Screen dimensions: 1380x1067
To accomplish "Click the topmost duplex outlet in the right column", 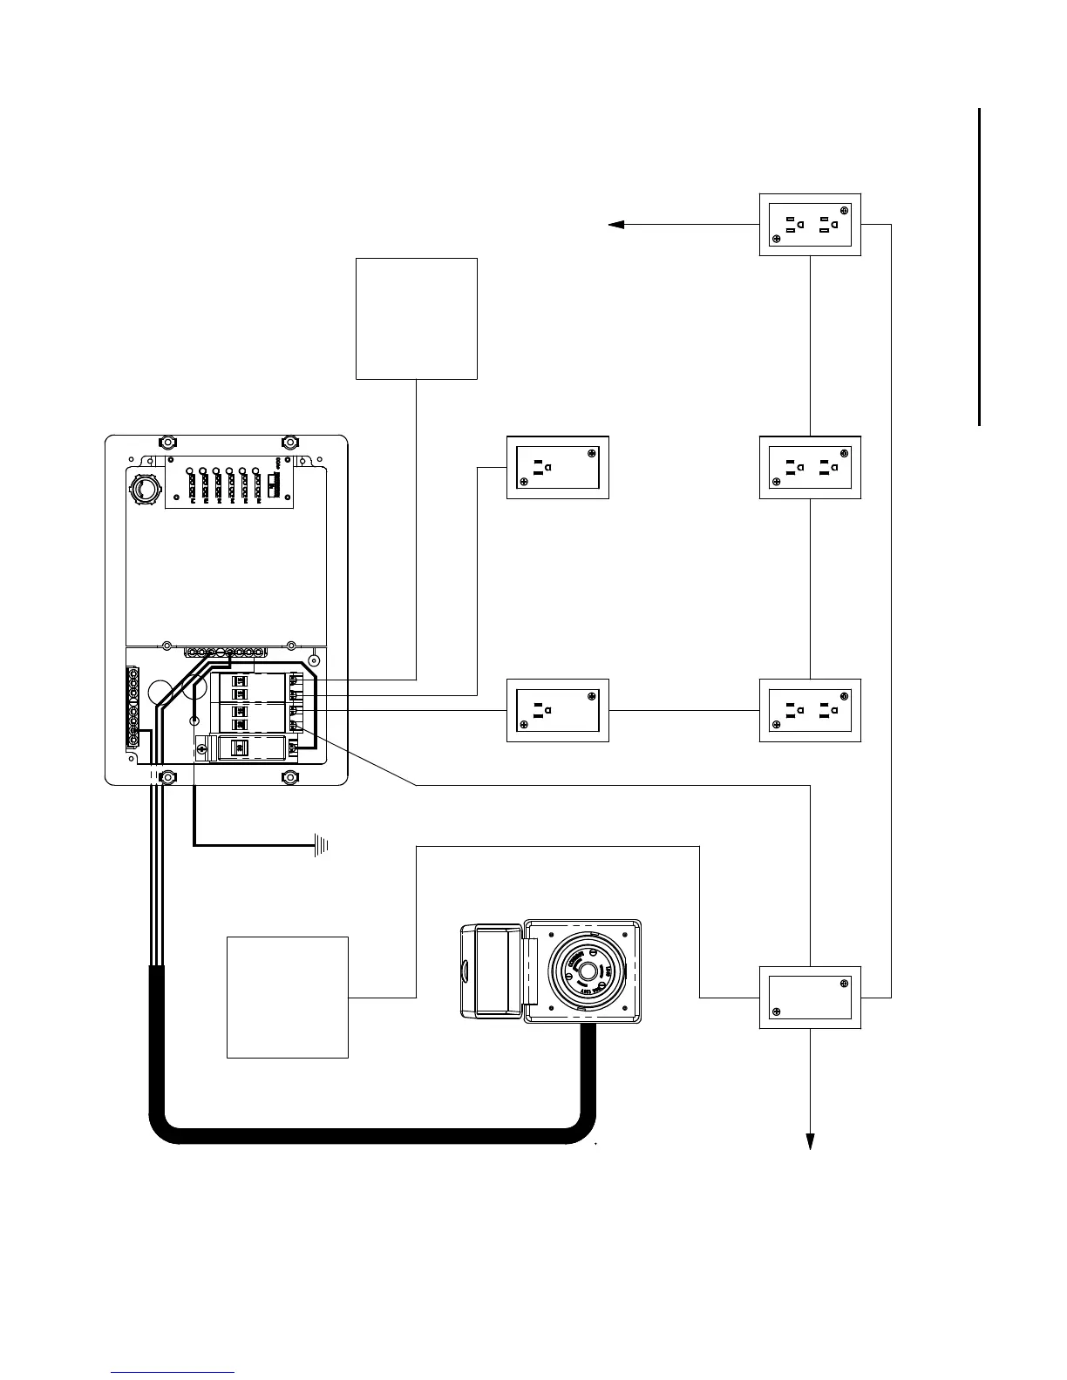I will pos(810,225).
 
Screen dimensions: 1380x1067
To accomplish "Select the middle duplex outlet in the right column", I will pos(810,467).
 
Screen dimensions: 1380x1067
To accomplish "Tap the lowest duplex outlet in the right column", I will pos(810,710).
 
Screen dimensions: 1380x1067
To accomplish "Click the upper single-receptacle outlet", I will pos(558,467).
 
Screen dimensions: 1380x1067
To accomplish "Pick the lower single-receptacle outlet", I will pos(558,710).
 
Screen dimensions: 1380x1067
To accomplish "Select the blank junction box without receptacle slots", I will pos(810,997).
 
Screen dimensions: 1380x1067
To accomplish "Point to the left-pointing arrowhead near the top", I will pos(616,225).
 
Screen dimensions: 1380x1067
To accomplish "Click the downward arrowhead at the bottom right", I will pos(811,1141).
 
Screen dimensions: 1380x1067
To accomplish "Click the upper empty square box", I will pos(417,318).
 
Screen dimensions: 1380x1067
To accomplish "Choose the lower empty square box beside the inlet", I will pos(288,997).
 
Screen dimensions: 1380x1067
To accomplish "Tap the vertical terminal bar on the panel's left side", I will pos(132,707).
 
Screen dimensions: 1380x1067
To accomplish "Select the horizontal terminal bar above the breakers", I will pos(225,652).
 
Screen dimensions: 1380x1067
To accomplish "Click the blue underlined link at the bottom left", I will pos(173,1372).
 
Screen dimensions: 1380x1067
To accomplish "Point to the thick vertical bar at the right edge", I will pos(981,267).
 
